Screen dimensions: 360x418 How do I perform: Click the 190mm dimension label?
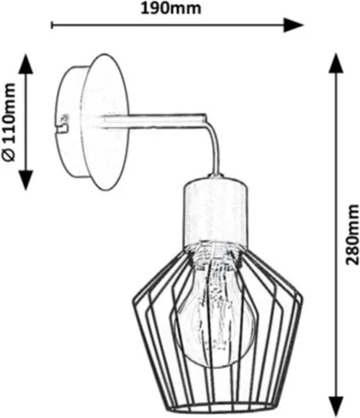[x=171, y=8]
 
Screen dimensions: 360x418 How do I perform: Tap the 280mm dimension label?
[x=352, y=235]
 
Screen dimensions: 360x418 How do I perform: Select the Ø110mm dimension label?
[x=8, y=122]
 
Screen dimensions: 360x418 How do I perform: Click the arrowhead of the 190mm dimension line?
[x=293, y=25]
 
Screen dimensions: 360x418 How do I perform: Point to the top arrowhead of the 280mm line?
[x=336, y=63]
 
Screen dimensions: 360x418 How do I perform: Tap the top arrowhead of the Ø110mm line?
[x=25, y=63]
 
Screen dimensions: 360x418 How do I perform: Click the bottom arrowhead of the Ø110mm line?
[x=25, y=180]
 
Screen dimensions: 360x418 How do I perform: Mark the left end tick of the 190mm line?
[x=52, y=25]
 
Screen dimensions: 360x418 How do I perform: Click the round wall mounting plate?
[x=106, y=122]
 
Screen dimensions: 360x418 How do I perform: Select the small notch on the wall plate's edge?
[x=63, y=124]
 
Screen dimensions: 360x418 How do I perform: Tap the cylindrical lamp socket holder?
[x=215, y=211]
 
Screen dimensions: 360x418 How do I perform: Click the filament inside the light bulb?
[x=215, y=307]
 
